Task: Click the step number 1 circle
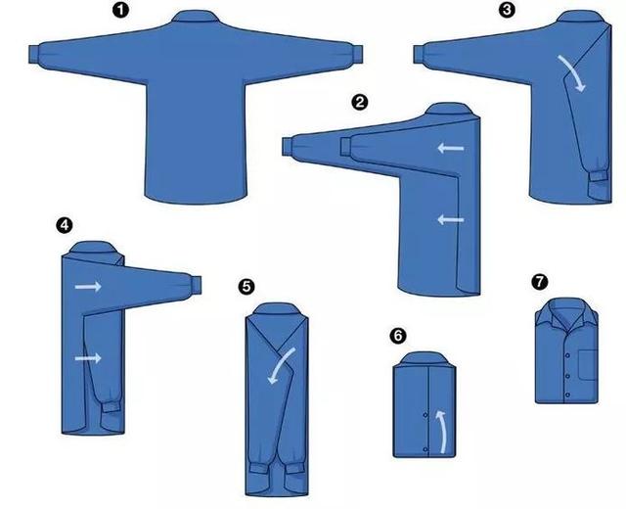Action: [120, 10]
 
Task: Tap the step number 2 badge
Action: [360, 102]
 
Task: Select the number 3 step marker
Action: [507, 10]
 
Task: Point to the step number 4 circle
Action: [65, 225]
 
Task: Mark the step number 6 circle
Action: [398, 336]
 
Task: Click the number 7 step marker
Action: [540, 282]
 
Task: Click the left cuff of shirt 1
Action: [34, 55]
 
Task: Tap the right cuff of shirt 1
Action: [357, 55]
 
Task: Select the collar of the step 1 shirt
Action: [196, 16]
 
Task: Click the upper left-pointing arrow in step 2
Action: [451, 149]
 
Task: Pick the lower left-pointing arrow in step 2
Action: [451, 219]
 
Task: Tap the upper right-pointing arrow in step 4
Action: [88, 286]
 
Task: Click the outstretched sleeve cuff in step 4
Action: [196, 285]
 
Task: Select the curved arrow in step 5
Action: [281, 365]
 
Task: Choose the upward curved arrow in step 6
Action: [441, 431]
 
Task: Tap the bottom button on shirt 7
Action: [567, 394]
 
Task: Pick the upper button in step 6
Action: [425, 415]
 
